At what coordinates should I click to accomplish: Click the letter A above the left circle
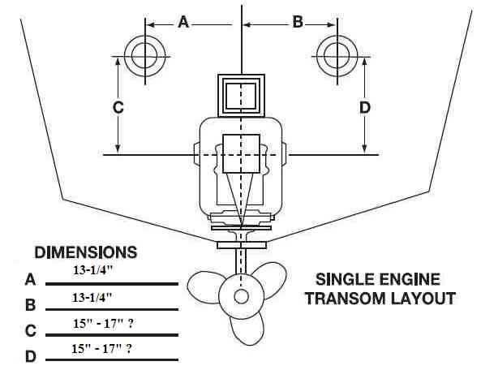tap(183, 22)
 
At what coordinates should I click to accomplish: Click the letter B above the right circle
tap(298, 22)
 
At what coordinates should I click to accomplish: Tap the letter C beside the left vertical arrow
tap(118, 107)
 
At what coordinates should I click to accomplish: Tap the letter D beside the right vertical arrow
tap(365, 107)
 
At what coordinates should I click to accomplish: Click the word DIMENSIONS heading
tap(86, 252)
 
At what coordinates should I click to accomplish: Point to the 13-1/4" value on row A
tap(93, 270)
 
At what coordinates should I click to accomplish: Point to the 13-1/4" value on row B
tap(92, 297)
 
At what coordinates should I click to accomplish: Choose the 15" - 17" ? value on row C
tap(103, 324)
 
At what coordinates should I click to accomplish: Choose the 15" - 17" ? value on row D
tap(102, 349)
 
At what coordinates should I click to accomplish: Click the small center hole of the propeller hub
tap(241, 297)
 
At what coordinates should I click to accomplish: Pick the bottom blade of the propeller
tap(246, 329)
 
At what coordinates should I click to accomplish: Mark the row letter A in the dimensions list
tap(30, 279)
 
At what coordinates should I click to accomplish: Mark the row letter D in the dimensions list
tap(30, 356)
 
